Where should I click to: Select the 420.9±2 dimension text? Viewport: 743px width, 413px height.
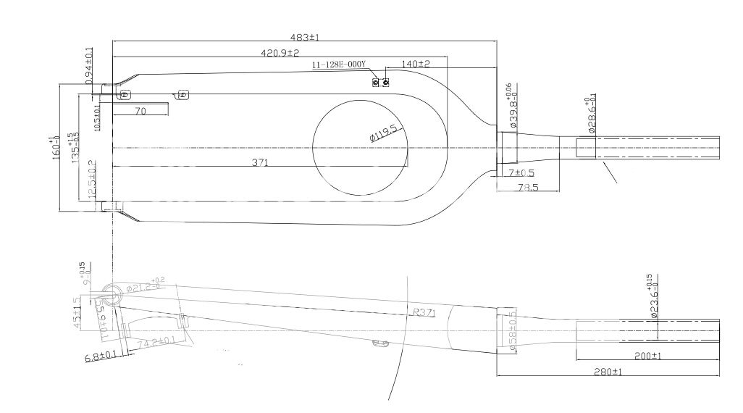click(x=280, y=53)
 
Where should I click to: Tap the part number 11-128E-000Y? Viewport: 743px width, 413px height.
click(x=339, y=65)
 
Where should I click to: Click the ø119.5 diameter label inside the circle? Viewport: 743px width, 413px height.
click(x=383, y=133)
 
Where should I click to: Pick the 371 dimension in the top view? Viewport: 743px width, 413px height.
click(x=260, y=163)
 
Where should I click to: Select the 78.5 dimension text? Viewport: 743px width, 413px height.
click(x=528, y=187)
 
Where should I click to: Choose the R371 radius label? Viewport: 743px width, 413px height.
click(x=423, y=312)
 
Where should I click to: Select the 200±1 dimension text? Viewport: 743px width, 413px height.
click(x=648, y=356)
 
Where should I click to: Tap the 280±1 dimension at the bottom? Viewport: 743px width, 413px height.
click(x=608, y=371)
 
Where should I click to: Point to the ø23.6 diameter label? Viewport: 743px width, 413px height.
click(x=652, y=297)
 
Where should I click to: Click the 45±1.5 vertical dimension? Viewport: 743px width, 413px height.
click(x=77, y=312)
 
